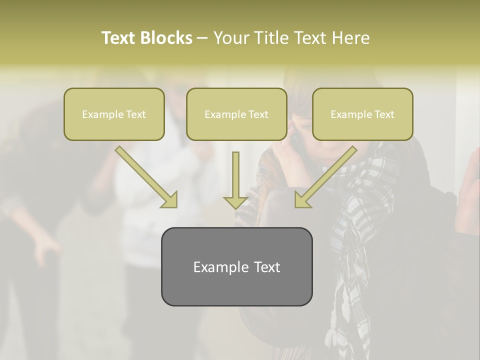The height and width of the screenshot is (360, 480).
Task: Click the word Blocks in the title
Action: click(167, 38)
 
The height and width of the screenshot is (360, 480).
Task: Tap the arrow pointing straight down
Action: click(235, 180)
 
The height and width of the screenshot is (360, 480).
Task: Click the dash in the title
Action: click(202, 38)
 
